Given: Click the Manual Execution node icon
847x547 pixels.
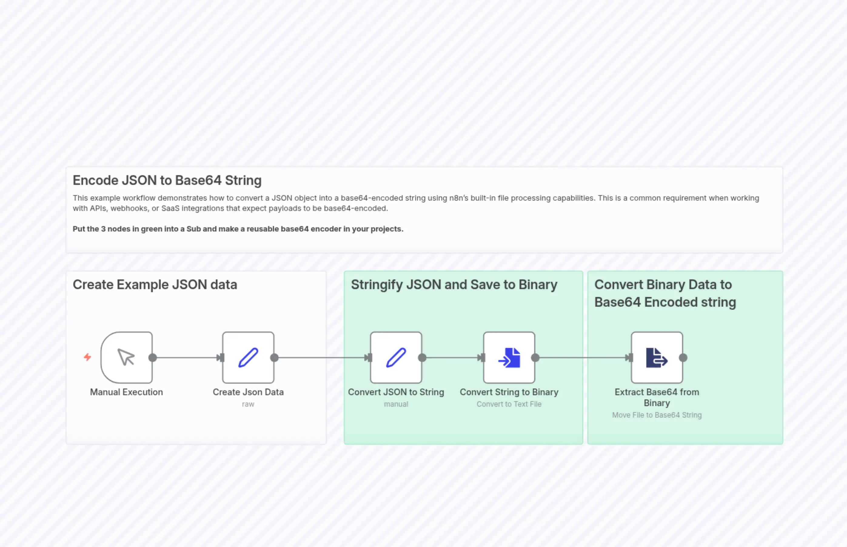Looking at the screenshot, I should [126, 357].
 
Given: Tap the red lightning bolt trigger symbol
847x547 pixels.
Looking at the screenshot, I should [87, 357].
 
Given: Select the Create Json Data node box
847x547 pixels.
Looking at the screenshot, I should [248, 357].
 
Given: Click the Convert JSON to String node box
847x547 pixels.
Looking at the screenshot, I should [396, 357].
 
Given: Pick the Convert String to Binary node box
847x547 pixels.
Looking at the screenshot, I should [509, 357].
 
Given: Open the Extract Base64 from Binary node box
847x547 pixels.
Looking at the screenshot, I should [657, 357].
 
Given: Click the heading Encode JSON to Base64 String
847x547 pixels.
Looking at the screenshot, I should [167, 180].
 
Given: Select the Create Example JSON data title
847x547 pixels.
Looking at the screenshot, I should [155, 285].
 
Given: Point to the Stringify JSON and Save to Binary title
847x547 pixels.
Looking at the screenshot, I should [454, 285].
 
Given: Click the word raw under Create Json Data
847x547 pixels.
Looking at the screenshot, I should [248, 404].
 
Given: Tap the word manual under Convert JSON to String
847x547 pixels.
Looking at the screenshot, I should [396, 404].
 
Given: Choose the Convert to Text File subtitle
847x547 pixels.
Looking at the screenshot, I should [509, 404].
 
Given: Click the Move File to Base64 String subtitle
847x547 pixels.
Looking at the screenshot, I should [657, 415].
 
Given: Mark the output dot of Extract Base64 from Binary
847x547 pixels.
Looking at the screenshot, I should [683, 358].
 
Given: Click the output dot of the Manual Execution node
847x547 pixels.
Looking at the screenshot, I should [153, 358].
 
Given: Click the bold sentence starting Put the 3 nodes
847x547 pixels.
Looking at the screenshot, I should [238, 229].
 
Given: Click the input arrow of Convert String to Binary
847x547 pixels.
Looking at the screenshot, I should [481, 358].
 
